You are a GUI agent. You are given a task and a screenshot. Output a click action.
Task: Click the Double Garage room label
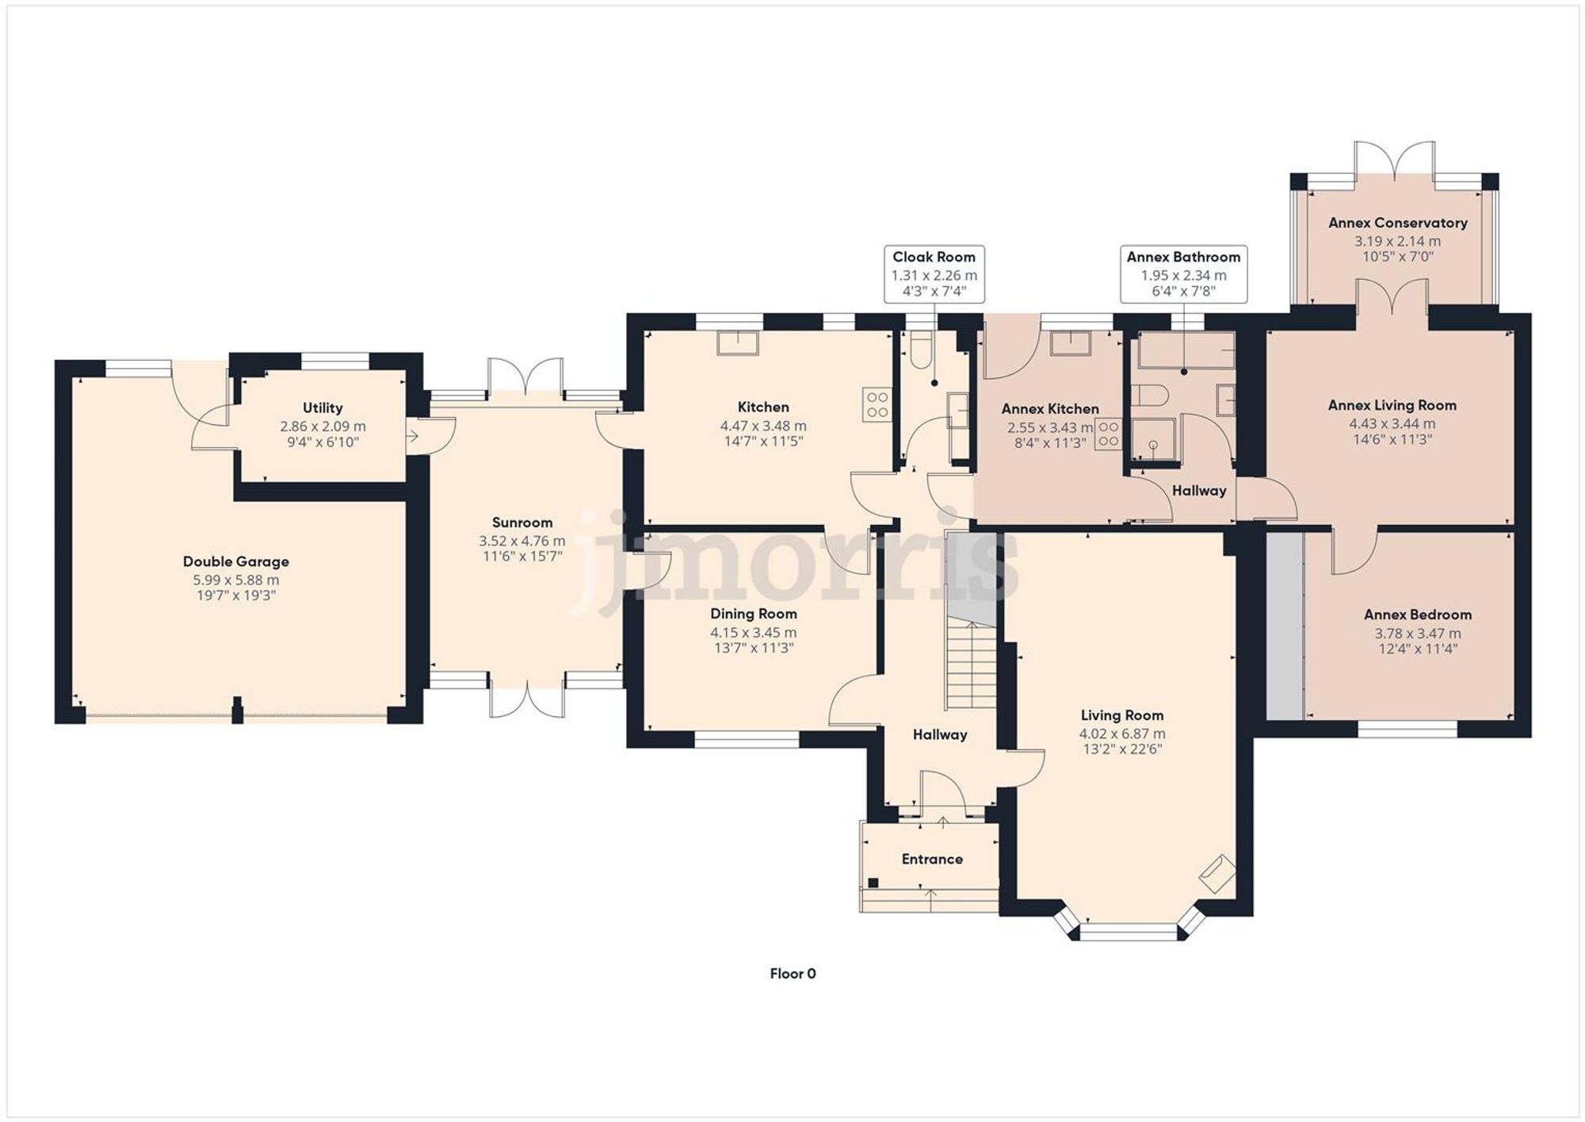tap(235, 561)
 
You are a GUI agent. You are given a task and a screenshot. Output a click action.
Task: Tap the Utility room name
tap(323, 408)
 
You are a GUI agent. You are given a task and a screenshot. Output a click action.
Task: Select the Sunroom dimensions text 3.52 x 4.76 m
tap(521, 542)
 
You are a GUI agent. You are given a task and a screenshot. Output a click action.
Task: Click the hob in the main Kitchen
tap(877, 404)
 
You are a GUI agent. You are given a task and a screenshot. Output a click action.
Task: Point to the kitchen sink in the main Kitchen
tap(738, 343)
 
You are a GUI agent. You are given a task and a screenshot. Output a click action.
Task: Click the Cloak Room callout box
tap(934, 274)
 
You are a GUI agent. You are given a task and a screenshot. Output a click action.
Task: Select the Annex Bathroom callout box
tap(1183, 274)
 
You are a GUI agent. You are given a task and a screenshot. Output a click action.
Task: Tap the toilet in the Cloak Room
tap(921, 350)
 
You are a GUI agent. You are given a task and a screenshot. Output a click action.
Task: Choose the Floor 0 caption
tap(792, 974)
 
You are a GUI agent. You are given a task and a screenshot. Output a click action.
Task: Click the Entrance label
tap(932, 860)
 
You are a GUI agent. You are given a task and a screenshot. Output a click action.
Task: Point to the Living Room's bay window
tap(1129, 932)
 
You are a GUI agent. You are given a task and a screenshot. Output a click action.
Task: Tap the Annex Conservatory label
tap(1398, 223)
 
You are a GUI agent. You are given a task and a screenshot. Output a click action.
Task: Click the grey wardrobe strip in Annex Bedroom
tap(1285, 626)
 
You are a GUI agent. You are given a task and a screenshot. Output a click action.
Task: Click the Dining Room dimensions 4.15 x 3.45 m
tap(753, 633)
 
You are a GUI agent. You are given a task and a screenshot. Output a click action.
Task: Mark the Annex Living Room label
tap(1392, 405)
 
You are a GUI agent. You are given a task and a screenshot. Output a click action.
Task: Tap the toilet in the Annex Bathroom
tap(1149, 395)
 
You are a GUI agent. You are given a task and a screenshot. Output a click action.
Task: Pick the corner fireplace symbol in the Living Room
tap(1217, 873)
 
